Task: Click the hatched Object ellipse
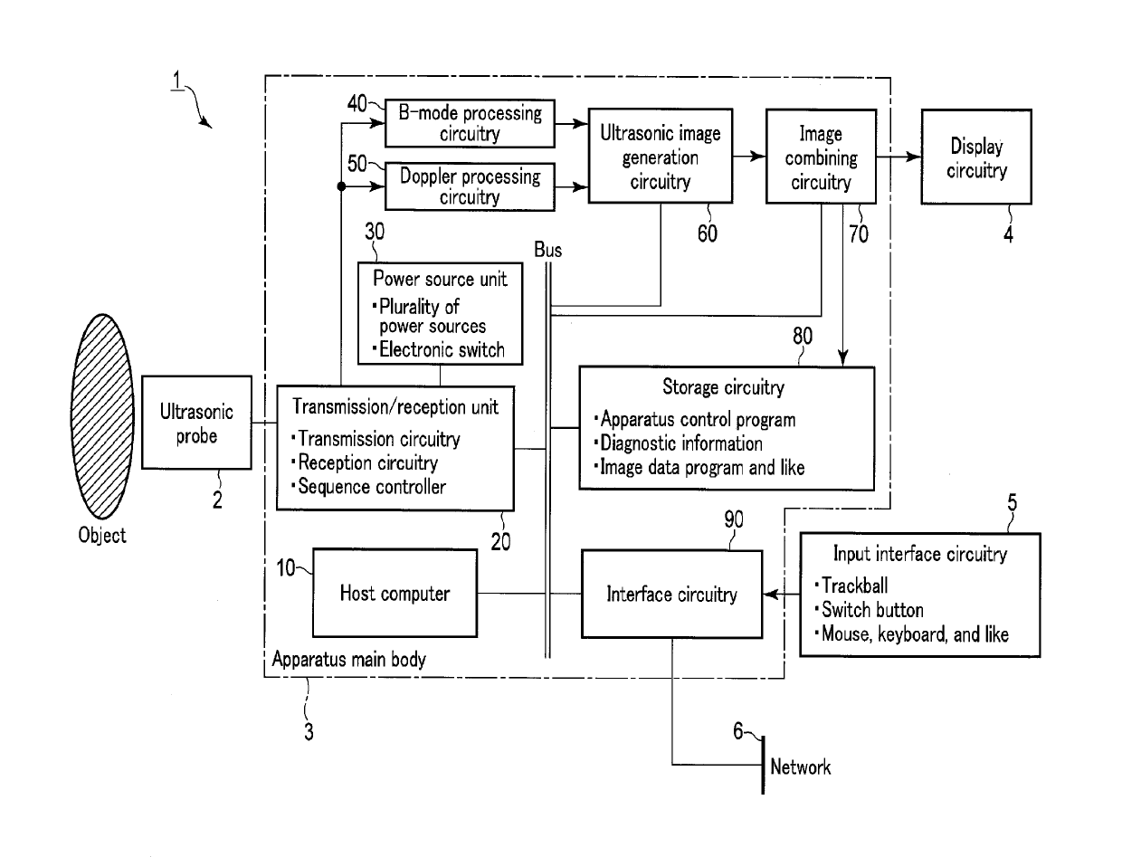click(103, 416)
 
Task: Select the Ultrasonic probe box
click(196, 423)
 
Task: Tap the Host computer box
click(395, 594)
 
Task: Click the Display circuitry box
click(976, 157)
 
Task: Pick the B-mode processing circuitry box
click(470, 123)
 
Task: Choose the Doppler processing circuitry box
click(470, 186)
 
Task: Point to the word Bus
click(548, 250)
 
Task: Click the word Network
click(801, 767)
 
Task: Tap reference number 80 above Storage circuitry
click(803, 337)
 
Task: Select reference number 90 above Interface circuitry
click(734, 519)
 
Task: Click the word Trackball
click(855, 586)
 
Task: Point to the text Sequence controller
click(372, 487)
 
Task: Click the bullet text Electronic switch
click(442, 350)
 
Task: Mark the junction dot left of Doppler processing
click(341, 186)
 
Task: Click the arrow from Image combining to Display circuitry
click(899, 157)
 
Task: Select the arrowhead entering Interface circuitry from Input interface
click(771, 595)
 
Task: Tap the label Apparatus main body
click(348, 660)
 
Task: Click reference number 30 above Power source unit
click(375, 232)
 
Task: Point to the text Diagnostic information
click(680, 443)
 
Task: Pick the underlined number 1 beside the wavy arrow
click(176, 81)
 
